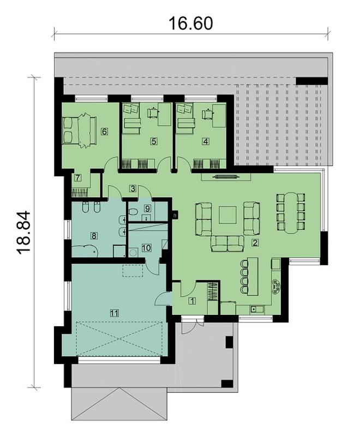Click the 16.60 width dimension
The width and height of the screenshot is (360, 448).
191,23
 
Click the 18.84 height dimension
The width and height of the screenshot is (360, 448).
23,232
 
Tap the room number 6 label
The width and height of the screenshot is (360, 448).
104,132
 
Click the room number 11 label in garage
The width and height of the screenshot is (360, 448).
114,313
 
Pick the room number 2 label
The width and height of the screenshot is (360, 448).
255,243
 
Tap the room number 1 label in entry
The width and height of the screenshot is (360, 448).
192,301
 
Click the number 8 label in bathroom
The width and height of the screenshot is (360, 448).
94,236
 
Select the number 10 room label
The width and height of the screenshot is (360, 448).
146,248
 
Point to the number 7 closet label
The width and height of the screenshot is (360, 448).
77,178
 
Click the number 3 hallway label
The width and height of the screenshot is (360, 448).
133,188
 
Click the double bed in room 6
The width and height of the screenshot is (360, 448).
79,130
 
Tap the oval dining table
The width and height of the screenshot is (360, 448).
291,213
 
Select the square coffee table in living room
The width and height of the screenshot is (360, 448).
227,215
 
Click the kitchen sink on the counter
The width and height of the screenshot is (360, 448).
254,309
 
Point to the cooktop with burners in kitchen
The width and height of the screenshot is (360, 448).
276,286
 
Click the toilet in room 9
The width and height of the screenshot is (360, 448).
133,212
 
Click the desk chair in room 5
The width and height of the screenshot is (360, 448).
153,112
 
